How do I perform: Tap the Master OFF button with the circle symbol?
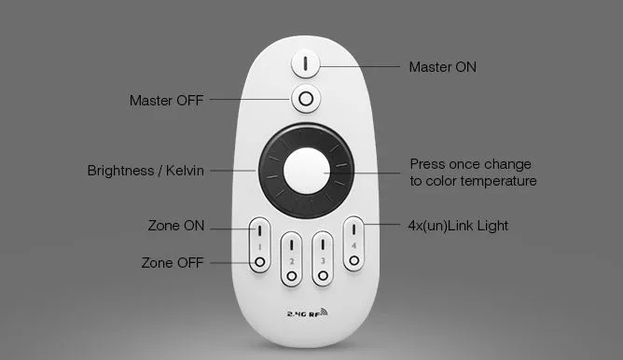[x=306, y=99]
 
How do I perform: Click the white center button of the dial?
[x=307, y=171]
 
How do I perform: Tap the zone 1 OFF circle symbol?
[x=260, y=262]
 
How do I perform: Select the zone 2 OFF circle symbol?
[x=292, y=276]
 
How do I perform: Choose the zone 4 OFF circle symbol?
[x=354, y=260]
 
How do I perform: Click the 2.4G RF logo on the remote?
[x=307, y=312]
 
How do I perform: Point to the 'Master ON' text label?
[x=443, y=67]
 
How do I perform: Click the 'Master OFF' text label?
[x=167, y=101]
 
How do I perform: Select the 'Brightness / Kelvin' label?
[x=145, y=171]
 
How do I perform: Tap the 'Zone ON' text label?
[x=176, y=226]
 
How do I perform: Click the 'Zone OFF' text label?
[x=173, y=263]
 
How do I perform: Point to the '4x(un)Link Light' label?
[x=458, y=226]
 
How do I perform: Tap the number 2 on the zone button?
[x=292, y=261]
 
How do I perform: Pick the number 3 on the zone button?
[x=323, y=260]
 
